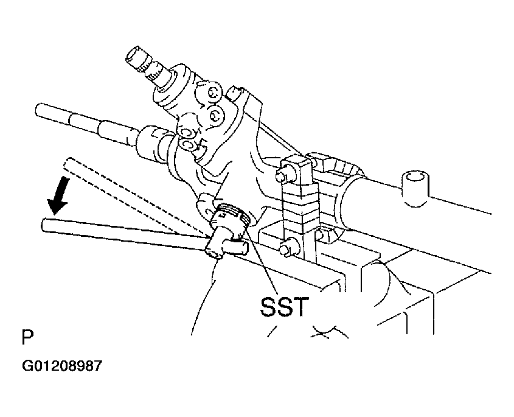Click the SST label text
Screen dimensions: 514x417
(285, 307)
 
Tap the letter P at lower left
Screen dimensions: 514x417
(27, 337)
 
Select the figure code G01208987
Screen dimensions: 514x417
(62, 366)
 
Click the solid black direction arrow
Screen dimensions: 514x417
(58, 195)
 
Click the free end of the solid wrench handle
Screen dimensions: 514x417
(44, 225)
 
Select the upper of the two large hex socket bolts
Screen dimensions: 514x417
(214, 94)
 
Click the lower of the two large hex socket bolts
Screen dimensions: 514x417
(215, 115)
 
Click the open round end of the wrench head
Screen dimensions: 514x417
(213, 252)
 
